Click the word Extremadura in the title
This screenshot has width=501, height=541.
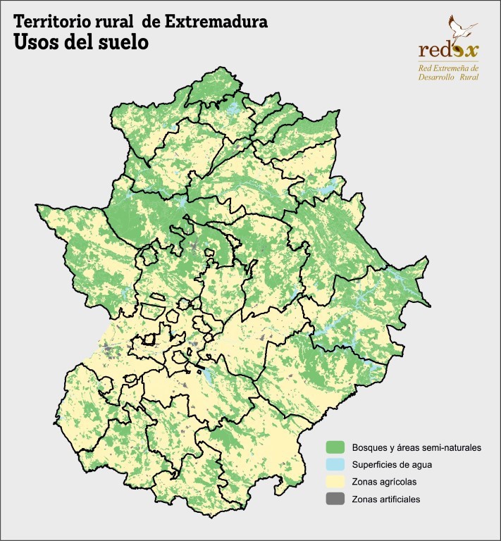coord(216,22)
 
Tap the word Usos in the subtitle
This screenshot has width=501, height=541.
coord(35,42)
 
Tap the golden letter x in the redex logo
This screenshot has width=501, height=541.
coord(470,51)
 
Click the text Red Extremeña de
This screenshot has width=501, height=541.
coord(448,68)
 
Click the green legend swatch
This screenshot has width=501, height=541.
coord(335,447)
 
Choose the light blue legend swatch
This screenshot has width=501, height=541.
coord(335,465)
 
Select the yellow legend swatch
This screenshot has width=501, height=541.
coord(335,482)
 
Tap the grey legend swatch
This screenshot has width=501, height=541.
coord(335,499)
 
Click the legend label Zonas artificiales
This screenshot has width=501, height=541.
coord(386,499)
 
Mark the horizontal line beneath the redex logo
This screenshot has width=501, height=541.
coord(448,62)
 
